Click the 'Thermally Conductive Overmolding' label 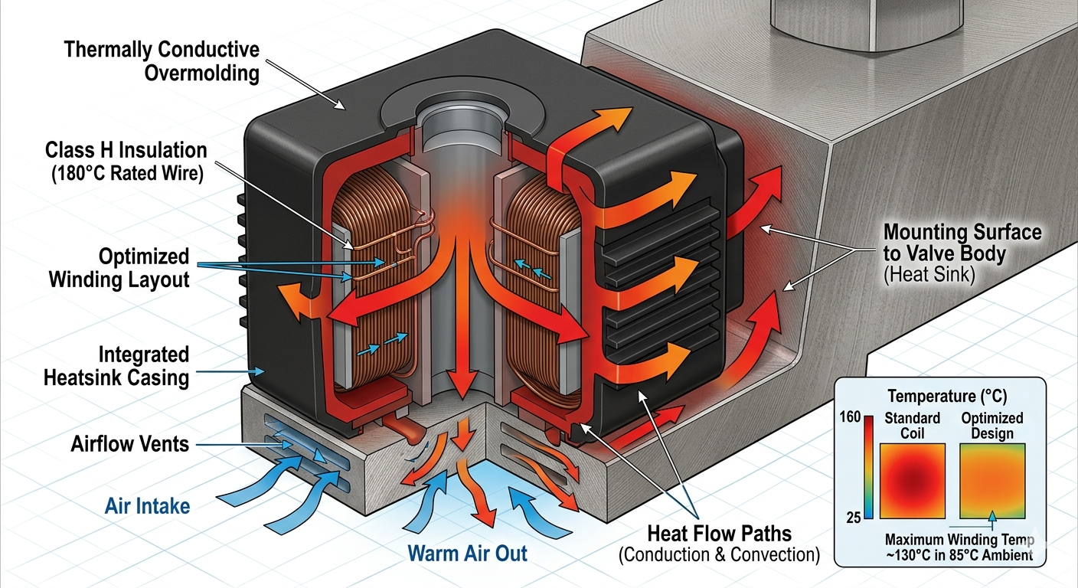pos(162,61)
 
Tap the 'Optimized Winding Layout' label pos(119,267)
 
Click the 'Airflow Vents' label pos(130,443)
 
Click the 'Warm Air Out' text pos(467,552)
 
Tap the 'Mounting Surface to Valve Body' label pos(962,242)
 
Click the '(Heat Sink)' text pos(929,276)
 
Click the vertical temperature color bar pos(869,467)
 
